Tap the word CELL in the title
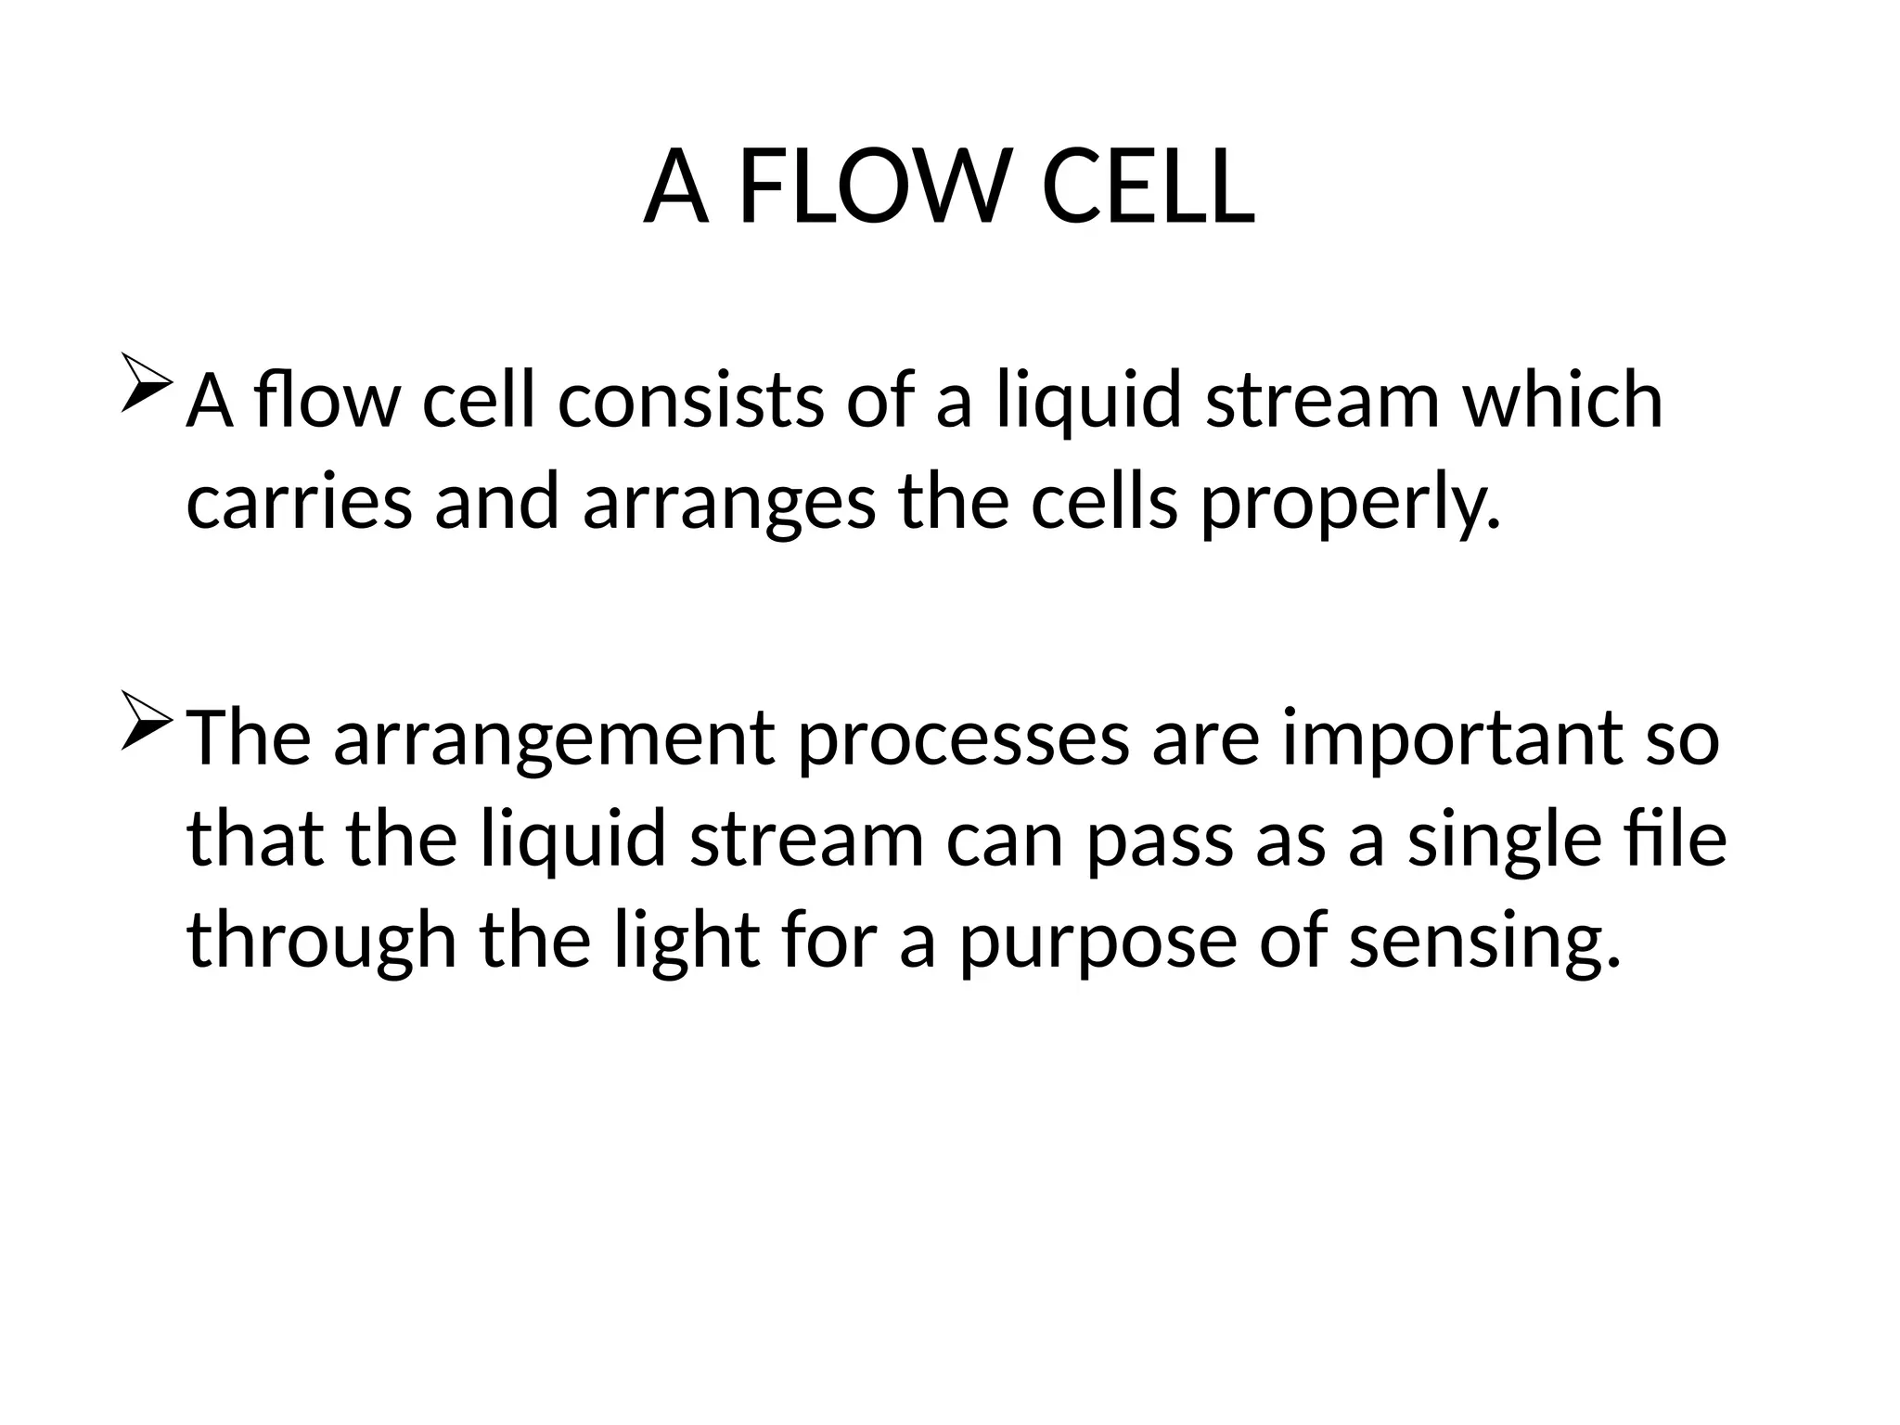click(1149, 189)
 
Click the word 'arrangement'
click(553, 740)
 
